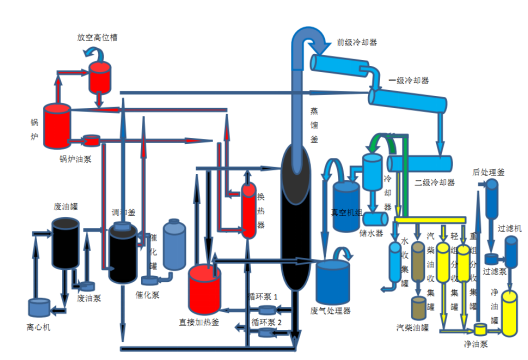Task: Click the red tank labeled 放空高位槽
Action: [100, 75]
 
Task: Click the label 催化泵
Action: [148, 295]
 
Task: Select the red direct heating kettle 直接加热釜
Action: [207, 287]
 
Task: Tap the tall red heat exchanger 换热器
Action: [248, 210]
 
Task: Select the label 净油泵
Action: [476, 343]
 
